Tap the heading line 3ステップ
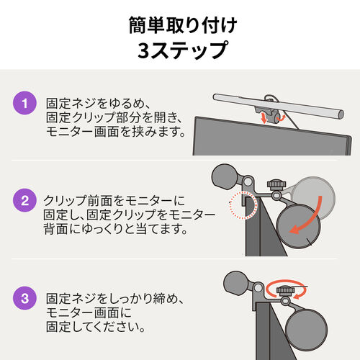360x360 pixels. [x=179, y=52]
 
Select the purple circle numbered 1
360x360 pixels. [x=25, y=104]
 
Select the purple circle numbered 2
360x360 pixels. [x=25, y=200]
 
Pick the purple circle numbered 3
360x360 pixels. [x=25, y=297]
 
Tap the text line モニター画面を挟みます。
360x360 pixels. [x=115, y=132]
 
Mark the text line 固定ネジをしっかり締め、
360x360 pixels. [x=115, y=297]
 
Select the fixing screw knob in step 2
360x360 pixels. [x=274, y=188]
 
